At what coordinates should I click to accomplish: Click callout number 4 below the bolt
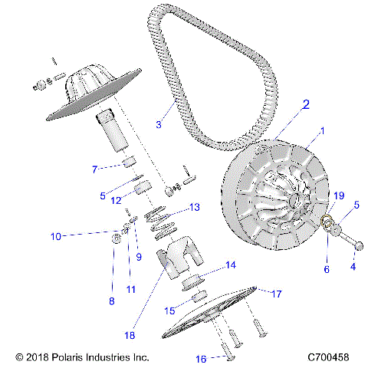coord(353,267)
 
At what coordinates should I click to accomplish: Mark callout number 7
coord(94,169)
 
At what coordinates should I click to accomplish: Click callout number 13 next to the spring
coord(195,208)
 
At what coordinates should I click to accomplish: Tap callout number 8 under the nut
coord(111,301)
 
